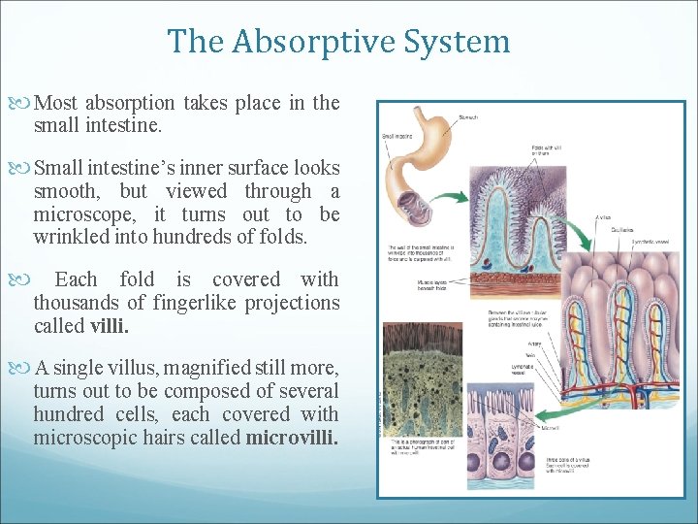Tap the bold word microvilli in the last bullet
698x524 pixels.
click(x=292, y=438)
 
